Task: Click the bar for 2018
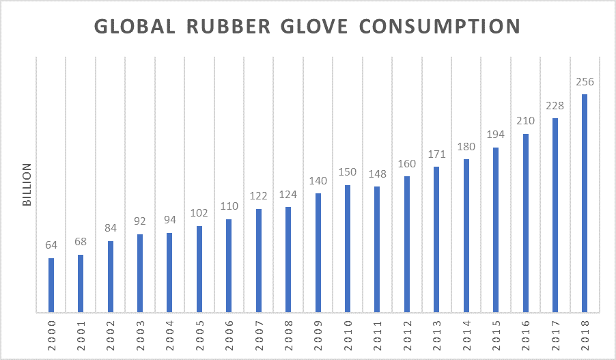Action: (x=585, y=204)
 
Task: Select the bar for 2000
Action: (x=51, y=286)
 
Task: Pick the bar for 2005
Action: (x=199, y=270)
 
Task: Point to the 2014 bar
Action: (x=466, y=236)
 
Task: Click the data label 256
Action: (x=585, y=82)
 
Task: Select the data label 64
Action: (x=51, y=246)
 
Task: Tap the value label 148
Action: (x=377, y=174)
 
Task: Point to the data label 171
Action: (x=436, y=155)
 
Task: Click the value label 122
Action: (x=259, y=197)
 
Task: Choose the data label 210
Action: (x=525, y=122)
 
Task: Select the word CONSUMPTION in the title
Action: (x=440, y=27)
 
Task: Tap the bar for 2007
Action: (x=259, y=261)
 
